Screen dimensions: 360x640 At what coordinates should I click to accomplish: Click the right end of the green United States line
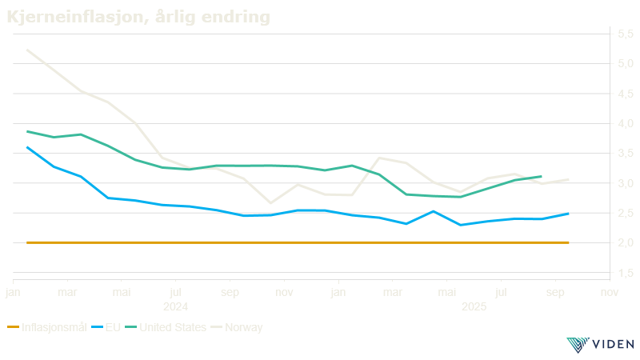pos(542,177)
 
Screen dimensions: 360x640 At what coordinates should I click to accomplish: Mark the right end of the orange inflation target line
pos(569,242)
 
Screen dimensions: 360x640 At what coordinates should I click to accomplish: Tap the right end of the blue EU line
pos(569,213)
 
